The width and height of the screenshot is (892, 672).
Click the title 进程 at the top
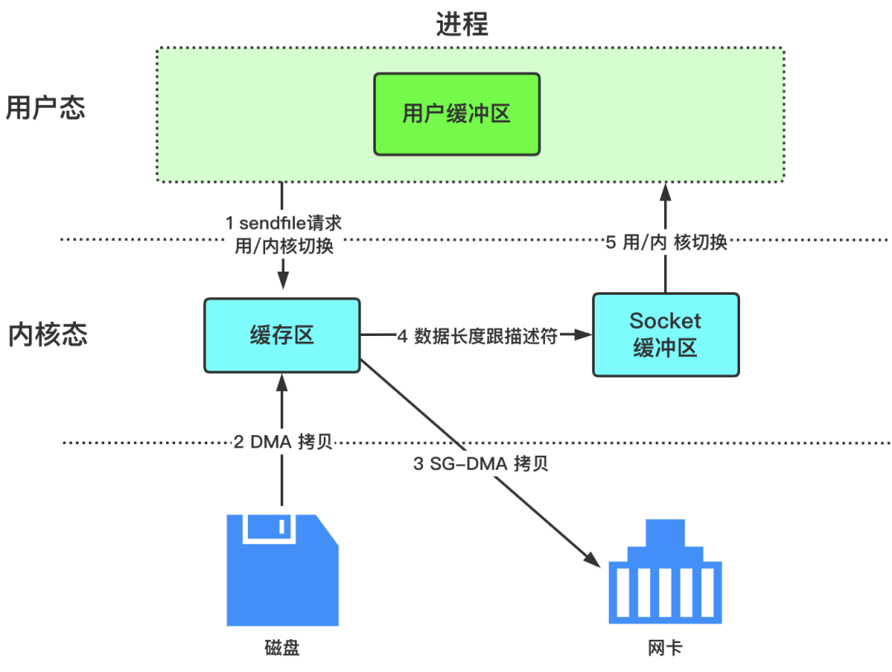point(463,24)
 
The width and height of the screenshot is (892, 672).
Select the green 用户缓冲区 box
point(457,114)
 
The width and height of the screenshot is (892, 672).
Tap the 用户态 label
point(45,108)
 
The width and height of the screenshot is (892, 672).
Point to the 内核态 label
point(47,334)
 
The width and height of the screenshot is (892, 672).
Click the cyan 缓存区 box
point(282,335)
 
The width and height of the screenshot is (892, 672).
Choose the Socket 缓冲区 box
point(666,334)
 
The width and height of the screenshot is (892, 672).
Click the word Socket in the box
point(665,320)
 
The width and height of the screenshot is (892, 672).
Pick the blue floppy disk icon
point(282,569)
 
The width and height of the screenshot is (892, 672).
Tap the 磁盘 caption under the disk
point(282,647)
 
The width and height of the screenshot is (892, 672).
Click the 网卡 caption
point(666,647)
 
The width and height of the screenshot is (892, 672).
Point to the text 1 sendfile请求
point(284,223)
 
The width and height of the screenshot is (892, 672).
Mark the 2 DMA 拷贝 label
point(283,442)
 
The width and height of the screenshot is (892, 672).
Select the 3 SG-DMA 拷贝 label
point(481,463)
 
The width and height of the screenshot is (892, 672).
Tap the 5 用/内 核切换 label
point(665,242)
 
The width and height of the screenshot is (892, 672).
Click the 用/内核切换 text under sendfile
point(284,246)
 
